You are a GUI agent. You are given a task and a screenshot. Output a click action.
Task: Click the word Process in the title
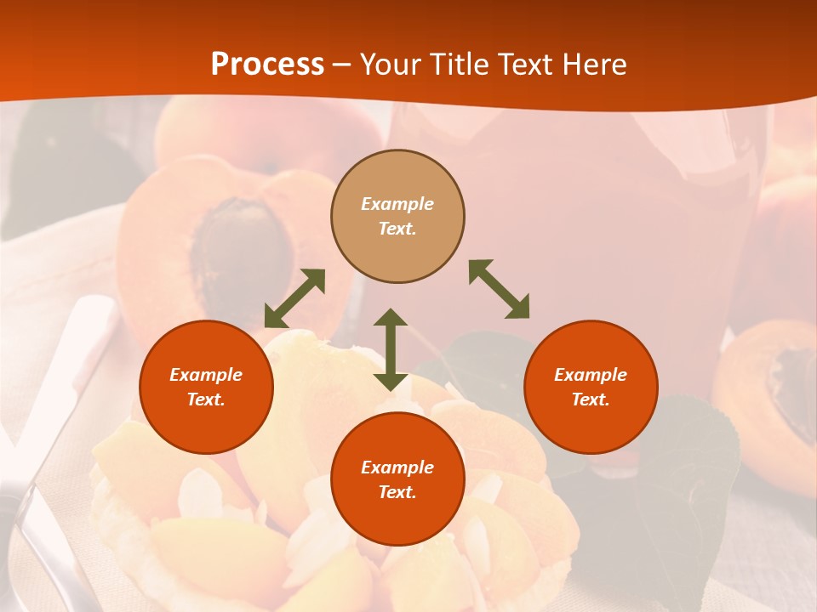[x=267, y=65]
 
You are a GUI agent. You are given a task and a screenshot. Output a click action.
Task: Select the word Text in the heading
[x=524, y=65]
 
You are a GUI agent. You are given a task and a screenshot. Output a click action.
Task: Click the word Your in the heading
[x=391, y=65]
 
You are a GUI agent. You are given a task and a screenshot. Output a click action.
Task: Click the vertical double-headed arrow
[x=391, y=349]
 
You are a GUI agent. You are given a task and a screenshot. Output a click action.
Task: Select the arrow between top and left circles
[x=294, y=298]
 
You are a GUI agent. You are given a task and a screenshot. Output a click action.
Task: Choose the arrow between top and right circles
[x=499, y=289]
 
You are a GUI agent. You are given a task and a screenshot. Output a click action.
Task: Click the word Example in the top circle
[x=397, y=204]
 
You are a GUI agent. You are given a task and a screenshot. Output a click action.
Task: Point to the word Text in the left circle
[x=206, y=399]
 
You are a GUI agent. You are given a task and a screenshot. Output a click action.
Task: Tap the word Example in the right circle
[x=591, y=375]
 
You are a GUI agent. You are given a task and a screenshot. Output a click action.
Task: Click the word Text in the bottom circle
[x=397, y=492]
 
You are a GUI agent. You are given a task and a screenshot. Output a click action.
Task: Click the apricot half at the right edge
[x=770, y=382]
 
